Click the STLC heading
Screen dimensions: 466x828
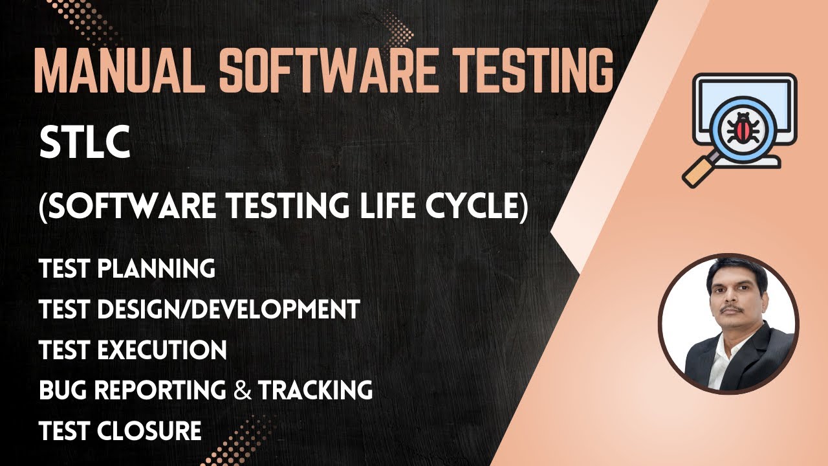85,144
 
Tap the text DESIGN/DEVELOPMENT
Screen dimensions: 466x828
228,309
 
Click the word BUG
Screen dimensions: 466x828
60,390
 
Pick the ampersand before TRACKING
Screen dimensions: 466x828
243,391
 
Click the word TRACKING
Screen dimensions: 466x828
315,390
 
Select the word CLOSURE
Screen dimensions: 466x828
149,431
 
